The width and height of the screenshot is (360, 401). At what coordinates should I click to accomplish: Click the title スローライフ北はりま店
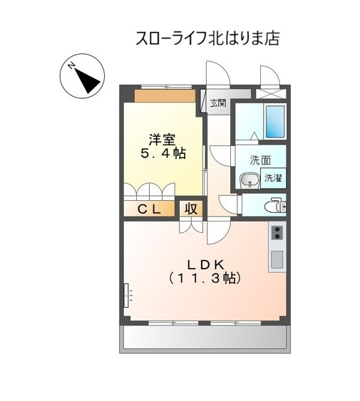207,38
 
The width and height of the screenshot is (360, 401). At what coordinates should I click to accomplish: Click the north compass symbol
82,76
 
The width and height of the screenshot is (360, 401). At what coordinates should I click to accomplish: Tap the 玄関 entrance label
218,103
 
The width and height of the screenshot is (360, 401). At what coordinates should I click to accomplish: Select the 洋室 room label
163,140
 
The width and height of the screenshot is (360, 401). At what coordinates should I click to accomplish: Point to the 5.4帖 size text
163,153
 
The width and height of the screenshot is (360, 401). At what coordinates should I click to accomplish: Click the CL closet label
149,209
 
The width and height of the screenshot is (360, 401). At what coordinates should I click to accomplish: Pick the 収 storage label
191,209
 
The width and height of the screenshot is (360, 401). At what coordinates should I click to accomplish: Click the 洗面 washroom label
260,160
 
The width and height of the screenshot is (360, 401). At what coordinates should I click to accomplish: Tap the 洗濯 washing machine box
273,178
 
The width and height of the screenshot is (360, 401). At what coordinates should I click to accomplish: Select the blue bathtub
275,122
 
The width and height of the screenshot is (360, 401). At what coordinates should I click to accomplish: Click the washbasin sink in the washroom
250,180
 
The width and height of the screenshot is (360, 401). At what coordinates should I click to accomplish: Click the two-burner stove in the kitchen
277,232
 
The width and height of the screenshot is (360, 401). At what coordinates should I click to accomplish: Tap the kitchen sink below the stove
277,259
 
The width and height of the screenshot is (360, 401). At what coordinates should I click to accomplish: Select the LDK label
206,265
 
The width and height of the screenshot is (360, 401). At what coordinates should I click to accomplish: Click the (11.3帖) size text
205,278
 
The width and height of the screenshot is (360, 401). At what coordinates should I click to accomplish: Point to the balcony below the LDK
205,337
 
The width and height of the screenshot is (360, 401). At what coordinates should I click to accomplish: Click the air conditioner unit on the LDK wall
126,295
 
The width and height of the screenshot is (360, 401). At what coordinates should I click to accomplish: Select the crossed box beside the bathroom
271,93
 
